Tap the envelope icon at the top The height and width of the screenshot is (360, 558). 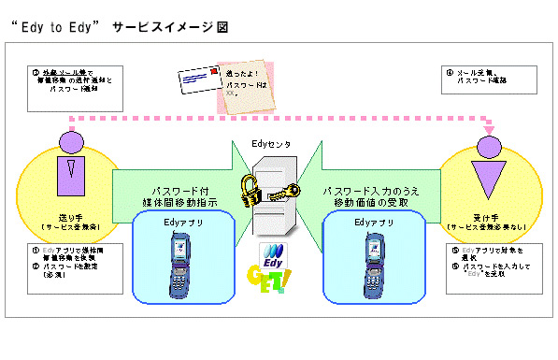click(x=200, y=86)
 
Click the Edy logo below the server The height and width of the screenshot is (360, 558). click(x=278, y=255)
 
